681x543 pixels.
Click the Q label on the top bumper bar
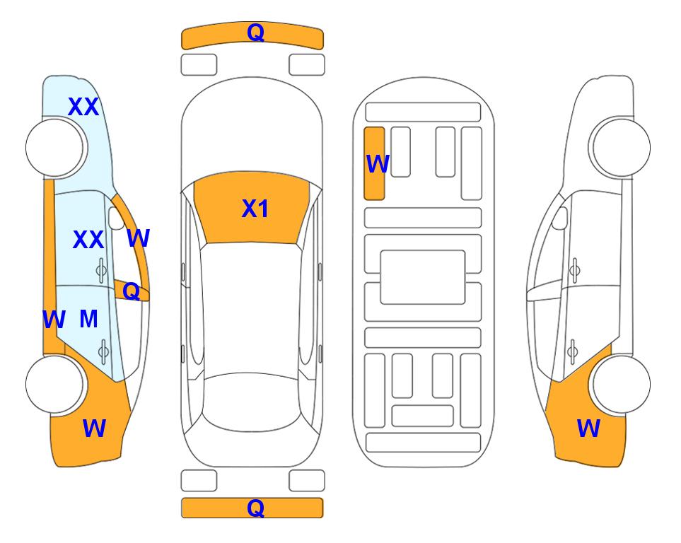pyautogui.click(x=255, y=32)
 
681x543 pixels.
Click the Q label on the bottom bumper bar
pyautogui.click(x=255, y=508)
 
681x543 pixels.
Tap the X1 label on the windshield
pyautogui.click(x=255, y=209)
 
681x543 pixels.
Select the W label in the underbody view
pyautogui.click(x=378, y=164)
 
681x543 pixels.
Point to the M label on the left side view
pyautogui.click(x=88, y=320)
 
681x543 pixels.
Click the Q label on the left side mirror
pyautogui.click(x=131, y=291)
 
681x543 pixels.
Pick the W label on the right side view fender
pyautogui.click(x=588, y=428)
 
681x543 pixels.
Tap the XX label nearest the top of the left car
pyautogui.click(x=83, y=107)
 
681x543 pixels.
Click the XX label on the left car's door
pyautogui.click(x=88, y=240)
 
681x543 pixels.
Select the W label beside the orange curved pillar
pyautogui.click(x=138, y=238)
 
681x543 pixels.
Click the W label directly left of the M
pyautogui.click(x=54, y=320)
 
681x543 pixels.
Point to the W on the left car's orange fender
pyautogui.click(x=94, y=428)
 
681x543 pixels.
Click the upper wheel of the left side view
pyautogui.click(x=54, y=148)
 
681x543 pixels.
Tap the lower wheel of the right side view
pyautogui.click(x=622, y=384)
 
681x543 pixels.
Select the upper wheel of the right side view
pyautogui.click(x=622, y=148)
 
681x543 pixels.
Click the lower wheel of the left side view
pyautogui.click(x=54, y=384)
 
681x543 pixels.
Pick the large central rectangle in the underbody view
pyautogui.click(x=423, y=277)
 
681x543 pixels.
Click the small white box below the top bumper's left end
pyautogui.click(x=199, y=65)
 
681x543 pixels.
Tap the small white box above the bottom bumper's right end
pyautogui.click(x=307, y=481)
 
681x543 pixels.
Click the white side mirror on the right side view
pyautogui.click(x=560, y=218)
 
